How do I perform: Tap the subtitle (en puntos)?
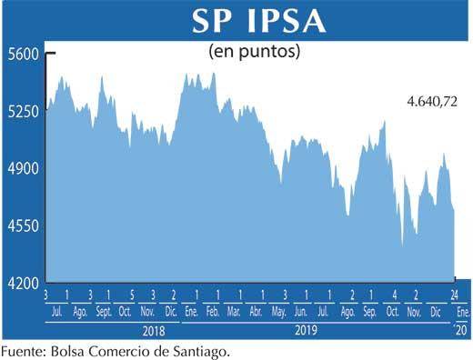tap(255, 51)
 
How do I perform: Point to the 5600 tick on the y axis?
tap(22, 55)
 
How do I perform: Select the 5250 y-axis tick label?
tap(22, 112)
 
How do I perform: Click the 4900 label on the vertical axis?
tap(22, 169)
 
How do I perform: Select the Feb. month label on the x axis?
tap(212, 311)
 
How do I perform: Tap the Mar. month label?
tap(234, 311)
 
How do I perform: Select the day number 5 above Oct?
tap(132, 295)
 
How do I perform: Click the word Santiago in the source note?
tap(189, 350)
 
